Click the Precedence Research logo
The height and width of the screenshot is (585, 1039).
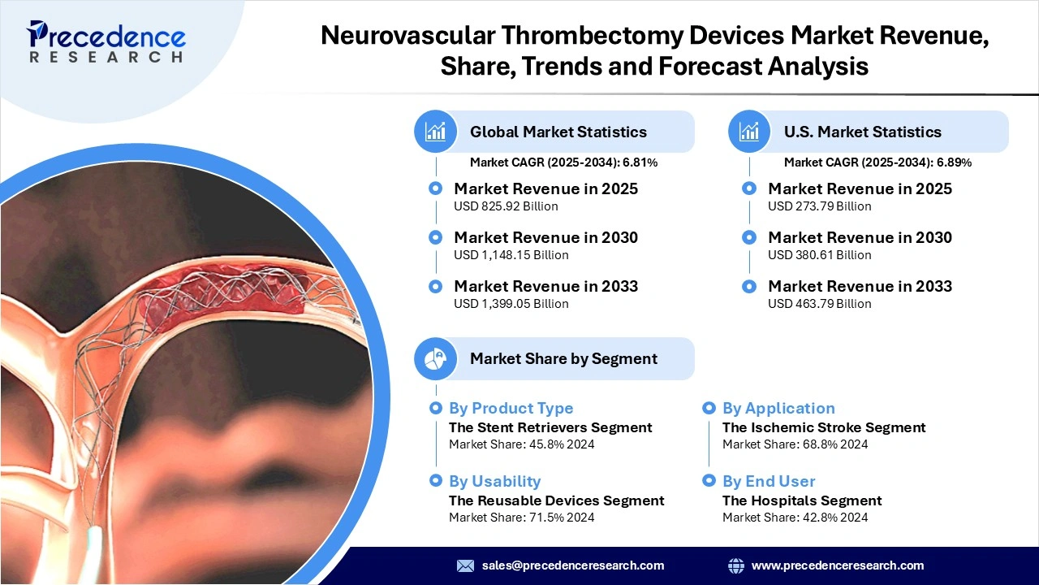pyautogui.click(x=106, y=41)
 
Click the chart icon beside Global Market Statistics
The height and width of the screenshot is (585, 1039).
pyautogui.click(x=436, y=132)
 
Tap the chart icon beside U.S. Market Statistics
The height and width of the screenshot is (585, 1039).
pyautogui.click(x=749, y=132)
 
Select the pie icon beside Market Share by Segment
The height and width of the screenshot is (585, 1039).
pyautogui.click(x=436, y=358)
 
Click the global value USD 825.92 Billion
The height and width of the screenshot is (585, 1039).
pyautogui.click(x=506, y=206)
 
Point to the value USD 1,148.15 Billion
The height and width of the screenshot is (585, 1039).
pyautogui.click(x=511, y=255)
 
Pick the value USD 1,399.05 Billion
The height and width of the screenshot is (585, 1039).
pyautogui.click(x=511, y=304)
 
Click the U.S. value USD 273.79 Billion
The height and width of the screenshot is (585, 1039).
pyautogui.click(x=819, y=206)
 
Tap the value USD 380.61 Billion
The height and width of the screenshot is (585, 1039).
pyautogui.click(x=819, y=255)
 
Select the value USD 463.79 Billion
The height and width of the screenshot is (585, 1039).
pyautogui.click(x=819, y=304)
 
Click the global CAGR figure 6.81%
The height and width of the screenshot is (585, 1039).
pyautogui.click(x=640, y=162)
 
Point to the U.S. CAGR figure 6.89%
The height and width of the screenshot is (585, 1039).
pyautogui.click(x=954, y=162)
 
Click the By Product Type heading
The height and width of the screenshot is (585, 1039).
pyautogui.click(x=511, y=409)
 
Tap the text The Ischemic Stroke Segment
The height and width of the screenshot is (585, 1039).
pyautogui.click(x=824, y=427)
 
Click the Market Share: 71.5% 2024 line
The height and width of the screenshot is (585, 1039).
pyautogui.click(x=521, y=518)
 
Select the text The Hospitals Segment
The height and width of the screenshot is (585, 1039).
pyautogui.click(x=802, y=500)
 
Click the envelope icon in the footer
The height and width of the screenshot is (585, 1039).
pyautogui.click(x=465, y=565)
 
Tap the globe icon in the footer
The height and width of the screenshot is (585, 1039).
pyautogui.click(x=736, y=565)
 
